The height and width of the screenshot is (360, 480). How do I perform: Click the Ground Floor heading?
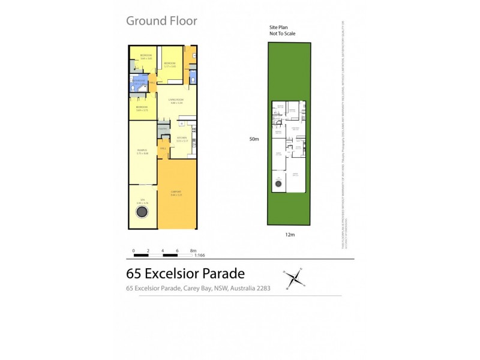[x=161, y=21]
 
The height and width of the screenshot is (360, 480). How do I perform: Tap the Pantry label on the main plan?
[x=162, y=128]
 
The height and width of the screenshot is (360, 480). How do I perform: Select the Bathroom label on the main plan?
[x=139, y=81]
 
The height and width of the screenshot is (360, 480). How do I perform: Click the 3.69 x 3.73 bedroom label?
[x=142, y=109]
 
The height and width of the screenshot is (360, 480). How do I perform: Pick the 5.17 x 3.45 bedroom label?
[x=170, y=64]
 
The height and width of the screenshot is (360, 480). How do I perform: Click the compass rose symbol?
[x=294, y=277]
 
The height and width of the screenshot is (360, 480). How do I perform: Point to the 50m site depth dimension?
[x=254, y=139]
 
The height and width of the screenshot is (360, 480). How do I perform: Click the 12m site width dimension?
[x=290, y=235]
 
